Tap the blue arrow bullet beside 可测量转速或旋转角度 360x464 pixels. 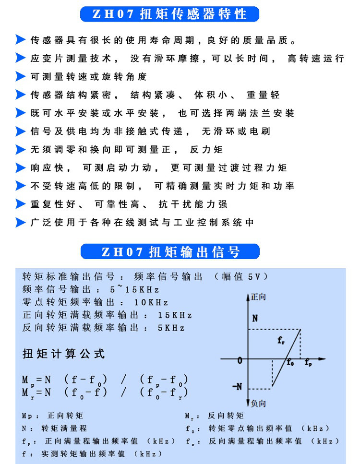point(20,76)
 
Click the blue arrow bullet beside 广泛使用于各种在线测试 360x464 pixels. point(20,222)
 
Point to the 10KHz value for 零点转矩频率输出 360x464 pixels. point(151,303)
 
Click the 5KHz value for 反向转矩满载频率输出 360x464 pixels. point(171,328)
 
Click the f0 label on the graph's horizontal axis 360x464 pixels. point(290,363)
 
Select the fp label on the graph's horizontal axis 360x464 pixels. point(308,363)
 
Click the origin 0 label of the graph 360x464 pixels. point(240,360)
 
